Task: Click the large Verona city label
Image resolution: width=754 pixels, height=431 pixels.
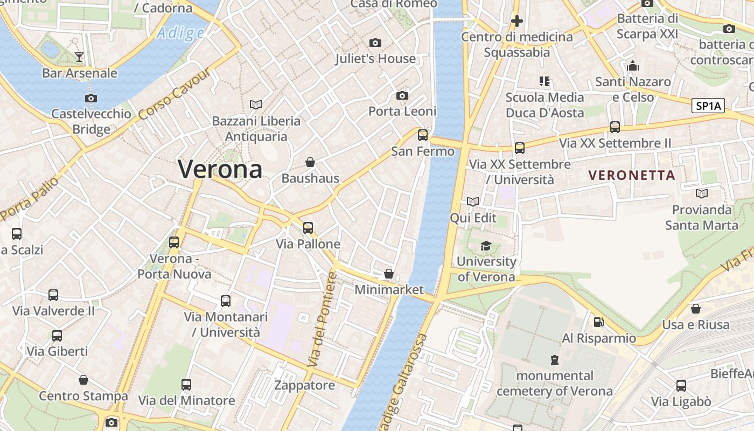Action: pyautogui.click(x=220, y=169)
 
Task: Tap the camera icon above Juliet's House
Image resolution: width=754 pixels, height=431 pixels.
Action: pyautogui.click(x=375, y=43)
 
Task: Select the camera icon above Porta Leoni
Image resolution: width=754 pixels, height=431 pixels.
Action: pyautogui.click(x=402, y=95)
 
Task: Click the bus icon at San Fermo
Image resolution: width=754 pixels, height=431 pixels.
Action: pyautogui.click(x=423, y=135)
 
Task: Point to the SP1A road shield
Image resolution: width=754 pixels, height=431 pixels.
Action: pyautogui.click(x=708, y=106)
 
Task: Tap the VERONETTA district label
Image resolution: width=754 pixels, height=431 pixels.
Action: pyautogui.click(x=632, y=175)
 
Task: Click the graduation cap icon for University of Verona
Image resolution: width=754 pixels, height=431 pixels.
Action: pyautogui.click(x=486, y=246)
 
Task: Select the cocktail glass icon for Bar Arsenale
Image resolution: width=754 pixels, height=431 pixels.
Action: pyautogui.click(x=79, y=57)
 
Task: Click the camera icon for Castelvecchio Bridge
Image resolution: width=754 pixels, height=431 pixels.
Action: pyautogui.click(x=91, y=98)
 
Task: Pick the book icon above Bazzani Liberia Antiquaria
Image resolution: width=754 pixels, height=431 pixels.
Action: pyautogui.click(x=256, y=105)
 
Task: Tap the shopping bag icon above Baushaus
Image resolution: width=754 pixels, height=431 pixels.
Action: pyautogui.click(x=310, y=162)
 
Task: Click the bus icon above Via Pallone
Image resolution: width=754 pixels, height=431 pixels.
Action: pyautogui.click(x=308, y=228)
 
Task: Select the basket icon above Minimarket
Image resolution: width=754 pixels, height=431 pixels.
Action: pyautogui.click(x=389, y=274)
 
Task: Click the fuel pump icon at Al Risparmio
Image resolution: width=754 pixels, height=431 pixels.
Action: pyautogui.click(x=598, y=322)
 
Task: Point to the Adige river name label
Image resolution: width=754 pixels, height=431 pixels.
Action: pyautogui.click(x=180, y=33)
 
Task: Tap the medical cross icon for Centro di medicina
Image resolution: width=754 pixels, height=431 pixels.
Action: pyautogui.click(x=516, y=21)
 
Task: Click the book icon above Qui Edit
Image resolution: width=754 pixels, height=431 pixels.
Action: pyautogui.click(x=473, y=201)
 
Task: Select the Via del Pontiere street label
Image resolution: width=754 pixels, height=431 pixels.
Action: pyautogui.click(x=323, y=320)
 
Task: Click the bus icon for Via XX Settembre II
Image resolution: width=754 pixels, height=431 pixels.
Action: pyautogui.click(x=615, y=127)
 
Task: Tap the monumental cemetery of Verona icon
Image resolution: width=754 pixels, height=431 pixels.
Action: pyautogui.click(x=554, y=359)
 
